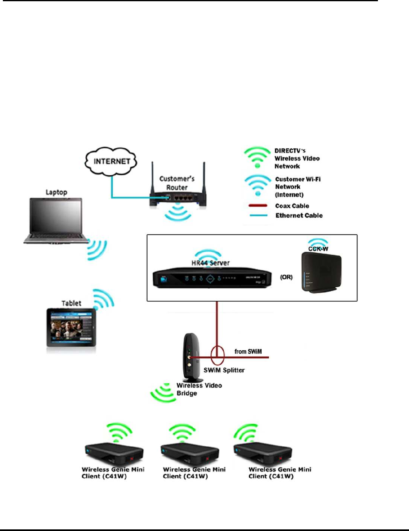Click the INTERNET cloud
coord(111,161)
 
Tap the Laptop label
coord(56,192)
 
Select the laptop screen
coord(56,216)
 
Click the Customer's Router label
coord(177,183)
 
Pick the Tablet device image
coord(72,327)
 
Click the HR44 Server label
coord(211,263)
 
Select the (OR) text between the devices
coord(286,277)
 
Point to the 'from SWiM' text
coord(248,352)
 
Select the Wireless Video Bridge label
coord(199,389)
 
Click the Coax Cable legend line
coord(256,206)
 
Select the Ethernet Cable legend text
coord(299,216)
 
